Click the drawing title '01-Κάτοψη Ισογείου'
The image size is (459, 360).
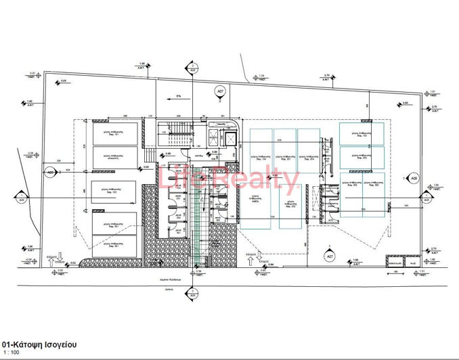click(39, 344)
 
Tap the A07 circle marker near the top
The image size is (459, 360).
click(219, 91)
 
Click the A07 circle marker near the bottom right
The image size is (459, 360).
click(329, 257)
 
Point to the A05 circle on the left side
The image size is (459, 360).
click(51, 173)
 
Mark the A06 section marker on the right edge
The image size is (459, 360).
click(426, 199)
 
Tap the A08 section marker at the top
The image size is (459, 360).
click(192, 69)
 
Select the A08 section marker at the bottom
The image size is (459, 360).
click(192, 294)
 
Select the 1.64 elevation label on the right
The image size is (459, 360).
click(435, 185)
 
